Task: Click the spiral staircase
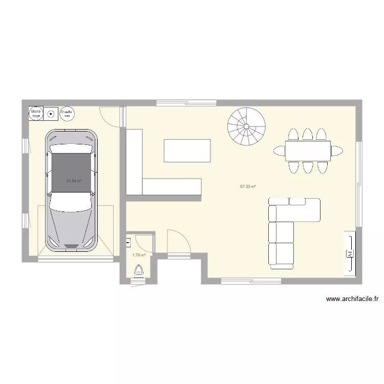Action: [x=247, y=126]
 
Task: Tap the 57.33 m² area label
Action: [x=248, y=187]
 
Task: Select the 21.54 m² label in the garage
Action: [x=74, y=181]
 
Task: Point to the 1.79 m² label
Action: [x=139, y=255]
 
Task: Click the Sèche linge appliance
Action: [x=36, y=113]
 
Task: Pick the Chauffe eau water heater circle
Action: [x=67, y=113]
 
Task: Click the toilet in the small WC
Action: [x=138, y=271]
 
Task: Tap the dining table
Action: [x=308, y=151]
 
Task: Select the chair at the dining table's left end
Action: [x=280, y=151]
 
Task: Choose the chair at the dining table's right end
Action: [x=337, y=151]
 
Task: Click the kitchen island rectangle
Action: [x=187, y=151]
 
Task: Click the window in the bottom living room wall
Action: [x=251, y=281]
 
